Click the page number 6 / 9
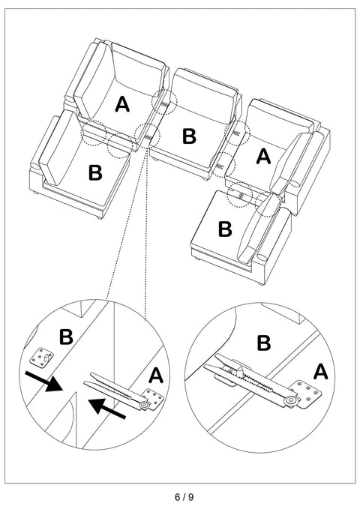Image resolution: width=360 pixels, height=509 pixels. point(184,497)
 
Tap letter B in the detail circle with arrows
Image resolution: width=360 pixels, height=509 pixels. point(66,337)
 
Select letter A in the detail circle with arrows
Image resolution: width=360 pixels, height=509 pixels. point(156,376)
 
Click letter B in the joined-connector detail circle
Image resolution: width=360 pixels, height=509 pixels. point(263,343)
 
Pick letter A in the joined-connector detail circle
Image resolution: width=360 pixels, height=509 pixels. point(321,372)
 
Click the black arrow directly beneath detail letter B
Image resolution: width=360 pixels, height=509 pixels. point(43,382)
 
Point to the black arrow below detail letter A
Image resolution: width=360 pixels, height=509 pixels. point(107,408)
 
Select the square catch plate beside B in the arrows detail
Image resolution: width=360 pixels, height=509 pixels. point(41,358)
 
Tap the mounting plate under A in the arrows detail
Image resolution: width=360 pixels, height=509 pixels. point(154,397)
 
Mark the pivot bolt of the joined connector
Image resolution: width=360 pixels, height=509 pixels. point(289,401)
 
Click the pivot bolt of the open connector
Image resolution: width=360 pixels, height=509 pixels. point(144,405)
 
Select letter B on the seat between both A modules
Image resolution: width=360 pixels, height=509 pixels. point(189,136)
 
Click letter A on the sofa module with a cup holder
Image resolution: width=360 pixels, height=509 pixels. point(263,157)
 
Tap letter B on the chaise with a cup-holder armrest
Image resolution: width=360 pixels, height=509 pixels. point(225,229)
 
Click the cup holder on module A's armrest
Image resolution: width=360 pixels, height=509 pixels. point(295,184)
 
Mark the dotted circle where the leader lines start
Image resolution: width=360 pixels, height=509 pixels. point(148,136)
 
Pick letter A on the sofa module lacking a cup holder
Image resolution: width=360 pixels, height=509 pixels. point(122,104)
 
